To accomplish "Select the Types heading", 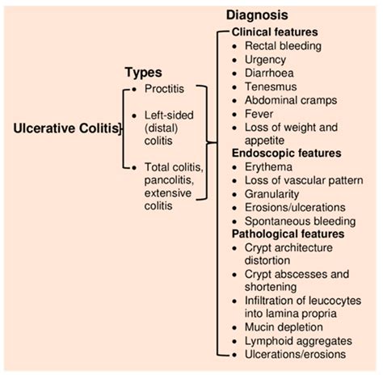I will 143,73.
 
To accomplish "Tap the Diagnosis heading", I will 262,15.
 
